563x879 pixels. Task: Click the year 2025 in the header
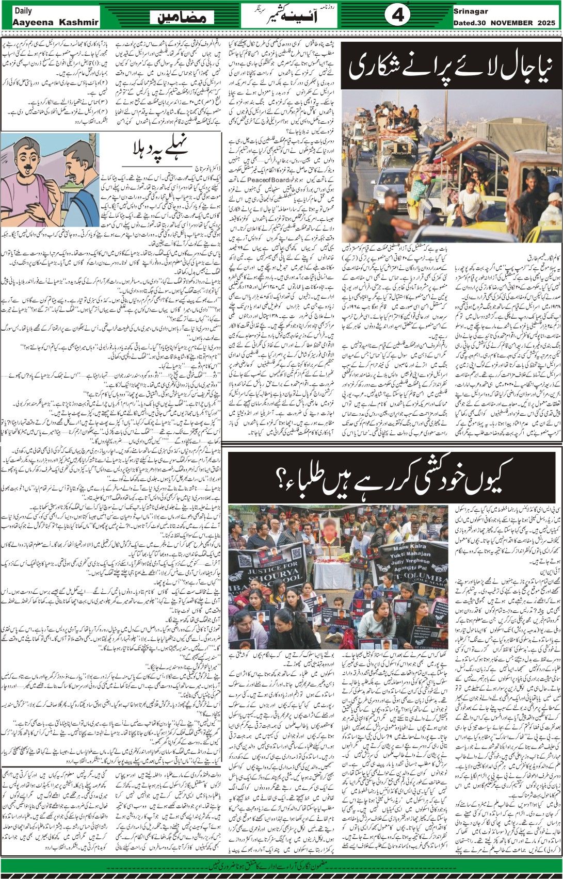tap(545, 23)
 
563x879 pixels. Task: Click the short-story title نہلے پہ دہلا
tap(157, 151)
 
